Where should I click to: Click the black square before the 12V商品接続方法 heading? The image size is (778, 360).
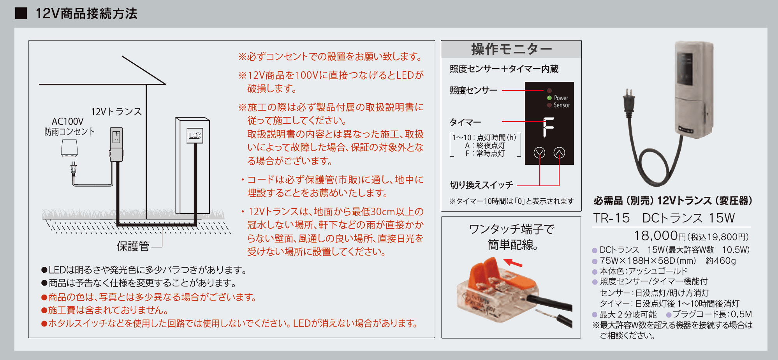point(21,13)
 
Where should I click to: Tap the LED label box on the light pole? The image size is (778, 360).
point(195,136)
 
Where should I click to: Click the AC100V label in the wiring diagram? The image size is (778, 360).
point(68,122)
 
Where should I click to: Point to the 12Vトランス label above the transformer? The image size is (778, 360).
point(116,112)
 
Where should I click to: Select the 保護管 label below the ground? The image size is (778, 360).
point(133,246)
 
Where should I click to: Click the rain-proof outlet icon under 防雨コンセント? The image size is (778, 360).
point(69,148)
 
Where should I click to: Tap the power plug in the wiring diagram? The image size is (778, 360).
point(73,169)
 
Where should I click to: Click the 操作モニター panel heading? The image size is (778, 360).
point(511,49)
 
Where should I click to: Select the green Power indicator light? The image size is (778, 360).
point(549,98)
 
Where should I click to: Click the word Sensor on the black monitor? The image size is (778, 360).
point(561,105)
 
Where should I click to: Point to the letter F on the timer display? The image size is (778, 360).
point(548,127)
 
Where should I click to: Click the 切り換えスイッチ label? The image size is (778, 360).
point(481,185)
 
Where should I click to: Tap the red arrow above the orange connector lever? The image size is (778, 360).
point(513,263)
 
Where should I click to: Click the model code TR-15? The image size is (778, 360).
point(611,218)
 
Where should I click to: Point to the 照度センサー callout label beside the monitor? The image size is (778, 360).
point(473,90)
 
